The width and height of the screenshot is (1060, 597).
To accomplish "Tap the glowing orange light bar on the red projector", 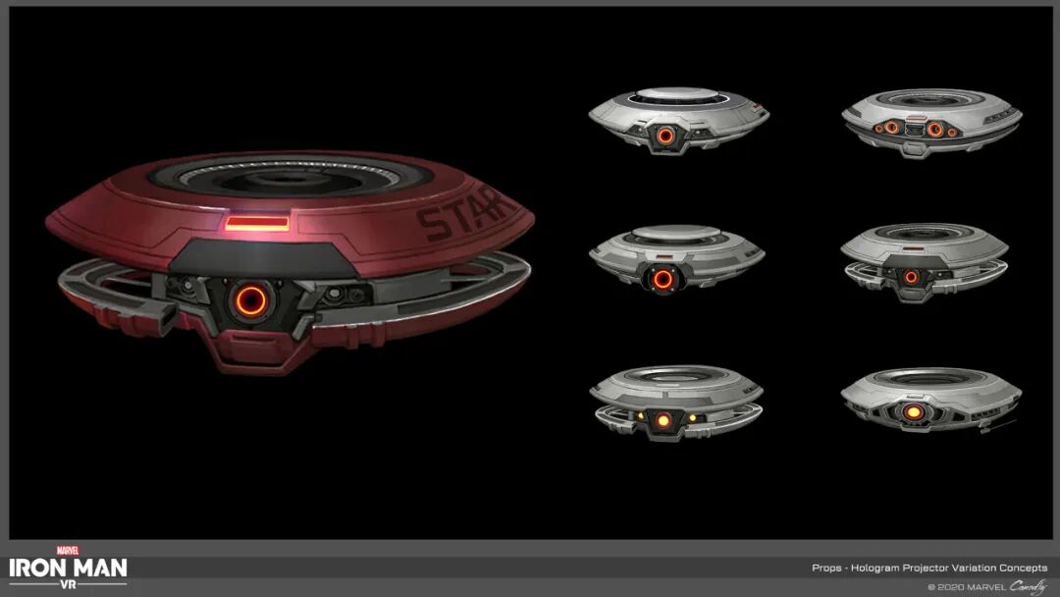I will (257, 224).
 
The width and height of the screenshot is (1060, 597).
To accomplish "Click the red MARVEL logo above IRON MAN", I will (68, 551).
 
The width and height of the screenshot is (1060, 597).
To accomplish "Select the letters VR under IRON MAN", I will (68, 583).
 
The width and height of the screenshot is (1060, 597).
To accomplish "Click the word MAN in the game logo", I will (97, 568).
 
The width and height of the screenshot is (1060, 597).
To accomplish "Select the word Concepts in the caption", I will (1022, 568).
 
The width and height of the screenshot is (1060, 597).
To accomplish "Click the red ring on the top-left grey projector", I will (665, 136).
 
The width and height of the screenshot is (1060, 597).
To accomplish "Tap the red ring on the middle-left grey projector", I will (663, 279).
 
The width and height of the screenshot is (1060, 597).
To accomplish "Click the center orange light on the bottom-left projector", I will (663, 420).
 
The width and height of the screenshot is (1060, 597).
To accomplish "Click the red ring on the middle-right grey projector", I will (911, 277).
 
